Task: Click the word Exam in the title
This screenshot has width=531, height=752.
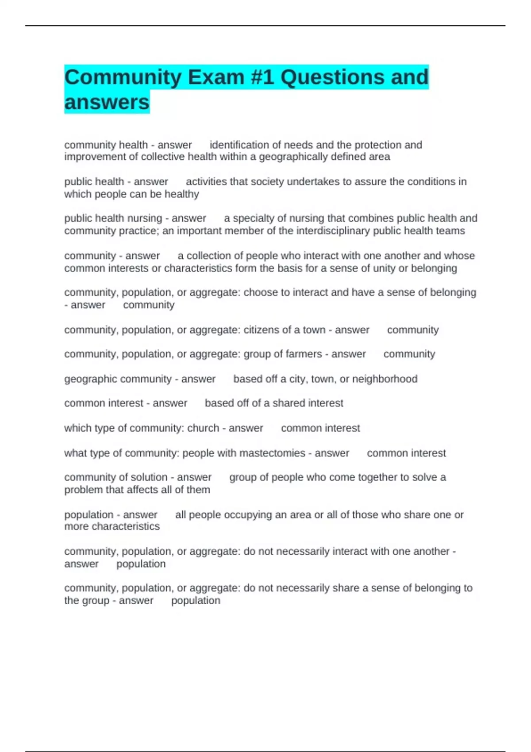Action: [216, 77]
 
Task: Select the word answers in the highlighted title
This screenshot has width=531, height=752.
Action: [107, 103]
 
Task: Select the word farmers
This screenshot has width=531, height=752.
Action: [304, 354]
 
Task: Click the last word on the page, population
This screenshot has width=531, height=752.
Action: [196, 601]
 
